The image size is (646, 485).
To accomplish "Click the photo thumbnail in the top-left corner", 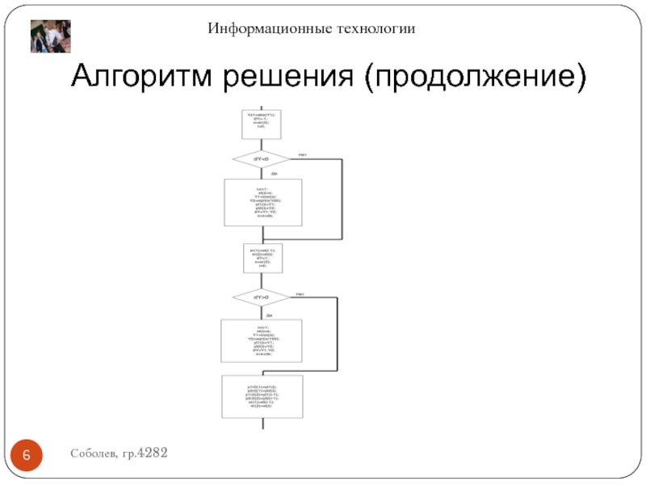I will (51, 36).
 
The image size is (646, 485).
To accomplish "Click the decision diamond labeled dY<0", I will (261, 158).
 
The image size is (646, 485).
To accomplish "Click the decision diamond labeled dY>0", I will (261, 297).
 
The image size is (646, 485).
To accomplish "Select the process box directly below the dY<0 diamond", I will (262, 202).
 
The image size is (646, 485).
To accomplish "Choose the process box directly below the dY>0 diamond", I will (261, 340).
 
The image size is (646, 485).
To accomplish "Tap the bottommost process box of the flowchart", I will (262, 395).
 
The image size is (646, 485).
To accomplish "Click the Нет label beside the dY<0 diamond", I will (302, 154).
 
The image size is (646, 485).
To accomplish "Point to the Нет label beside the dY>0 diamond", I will (300, 293).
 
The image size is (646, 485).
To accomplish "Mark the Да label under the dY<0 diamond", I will (274, 173).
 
